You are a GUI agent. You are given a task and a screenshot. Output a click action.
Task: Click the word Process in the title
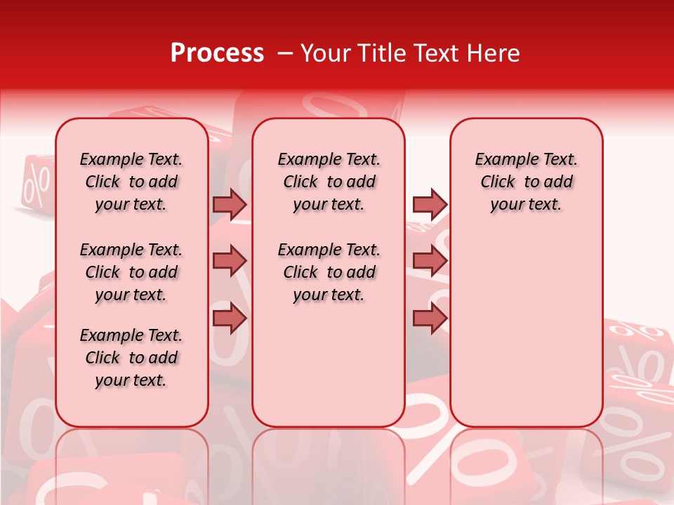click(217, 53)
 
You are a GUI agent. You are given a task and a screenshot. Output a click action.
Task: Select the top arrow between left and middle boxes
click(230, 204)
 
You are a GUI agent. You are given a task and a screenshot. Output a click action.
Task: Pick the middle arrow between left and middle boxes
click(230, 261)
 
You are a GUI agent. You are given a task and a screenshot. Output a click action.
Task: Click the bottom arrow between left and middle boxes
click(230, 318)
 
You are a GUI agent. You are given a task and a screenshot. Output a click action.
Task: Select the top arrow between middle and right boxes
click(430, 204)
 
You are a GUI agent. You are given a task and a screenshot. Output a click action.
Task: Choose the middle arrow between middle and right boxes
click(430, 261)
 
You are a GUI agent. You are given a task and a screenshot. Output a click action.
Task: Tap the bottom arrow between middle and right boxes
click(430, 318)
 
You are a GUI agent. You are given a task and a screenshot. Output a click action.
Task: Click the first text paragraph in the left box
click(131, 182)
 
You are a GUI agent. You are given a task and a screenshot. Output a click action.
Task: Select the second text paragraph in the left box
click(131, 272)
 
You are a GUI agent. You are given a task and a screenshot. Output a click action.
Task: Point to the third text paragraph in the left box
click(131, 358)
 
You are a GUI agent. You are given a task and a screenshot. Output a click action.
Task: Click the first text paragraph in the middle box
click(329, 182)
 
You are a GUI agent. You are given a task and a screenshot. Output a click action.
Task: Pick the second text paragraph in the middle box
click(329, 272)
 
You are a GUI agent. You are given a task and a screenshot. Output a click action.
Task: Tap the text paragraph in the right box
click(526, 182)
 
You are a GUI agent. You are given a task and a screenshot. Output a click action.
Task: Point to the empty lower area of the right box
click(526, 337)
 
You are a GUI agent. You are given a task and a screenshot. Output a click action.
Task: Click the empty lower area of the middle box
click(329, 365)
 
